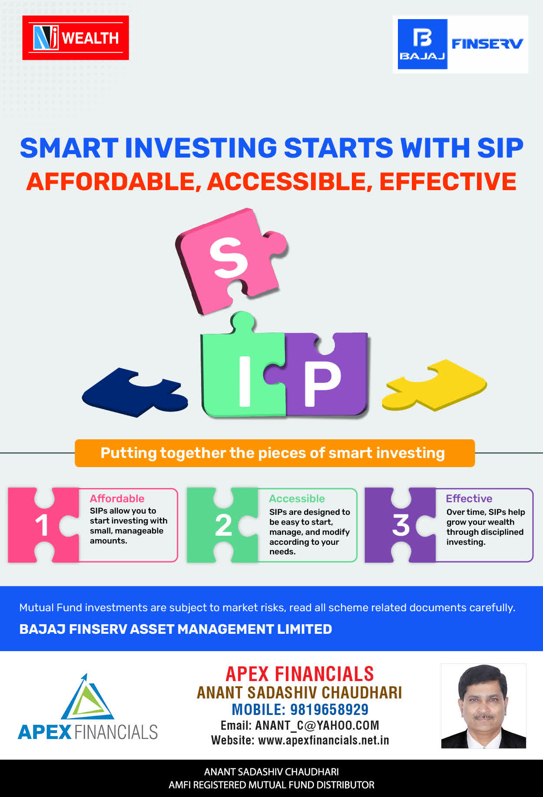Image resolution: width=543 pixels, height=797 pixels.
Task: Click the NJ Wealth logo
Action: pyautogui.click(x=76, y=38)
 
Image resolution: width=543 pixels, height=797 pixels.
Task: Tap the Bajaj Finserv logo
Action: pyautogui.click(x=460, y=44)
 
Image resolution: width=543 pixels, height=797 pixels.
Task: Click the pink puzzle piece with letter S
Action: pyautogui.click(x=230, y=260)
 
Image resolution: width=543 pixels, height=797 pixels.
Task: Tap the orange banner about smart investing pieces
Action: pyautogui.click(x=275, y=453)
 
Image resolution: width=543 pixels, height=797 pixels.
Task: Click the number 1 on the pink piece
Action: pyautogui.click(x=42, y=525)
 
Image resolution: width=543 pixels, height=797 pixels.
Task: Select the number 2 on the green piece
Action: pyautogui.click(x=223, y=525)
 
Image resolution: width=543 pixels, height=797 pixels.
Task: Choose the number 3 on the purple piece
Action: pyautogui.click(x=401, y=525)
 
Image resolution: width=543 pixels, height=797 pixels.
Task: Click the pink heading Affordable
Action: pyautogui.click(x=117, y=498)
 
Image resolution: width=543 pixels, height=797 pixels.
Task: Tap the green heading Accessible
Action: pyautogui.click(x=297, y=498)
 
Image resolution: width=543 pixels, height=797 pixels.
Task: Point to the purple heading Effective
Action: pyautogui.click(x=469, y=498)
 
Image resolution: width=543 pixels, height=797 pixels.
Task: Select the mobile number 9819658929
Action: pyautogui.click(x=329, y=709)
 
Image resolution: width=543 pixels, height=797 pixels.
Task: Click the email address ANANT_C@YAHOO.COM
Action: pyautogui.click(x=317, y=725)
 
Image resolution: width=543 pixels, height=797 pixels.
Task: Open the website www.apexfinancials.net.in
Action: pyautogui.click(x=324, y=740)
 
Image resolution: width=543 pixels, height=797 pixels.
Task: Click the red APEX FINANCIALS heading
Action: pyautogui.click(x=300, y=674)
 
